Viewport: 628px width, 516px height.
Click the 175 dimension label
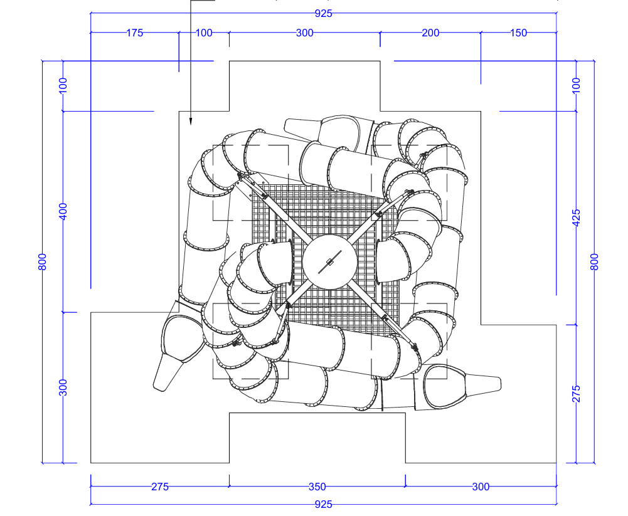[x=134, y=33]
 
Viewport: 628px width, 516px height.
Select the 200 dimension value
[x=430, y=33]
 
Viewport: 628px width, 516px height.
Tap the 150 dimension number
[x=519, y=33]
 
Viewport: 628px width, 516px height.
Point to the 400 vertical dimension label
[x=63, y=211]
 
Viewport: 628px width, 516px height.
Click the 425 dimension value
[x=576, y=218]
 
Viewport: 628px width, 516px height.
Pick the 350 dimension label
[x=317, y=487]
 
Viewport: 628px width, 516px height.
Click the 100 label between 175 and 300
[x=204, y=33]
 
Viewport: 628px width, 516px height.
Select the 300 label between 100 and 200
[x=305, y=33]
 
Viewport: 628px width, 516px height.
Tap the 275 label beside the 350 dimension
[x=160, y=487]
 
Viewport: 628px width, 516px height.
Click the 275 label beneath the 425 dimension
[x=576, y=394]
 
